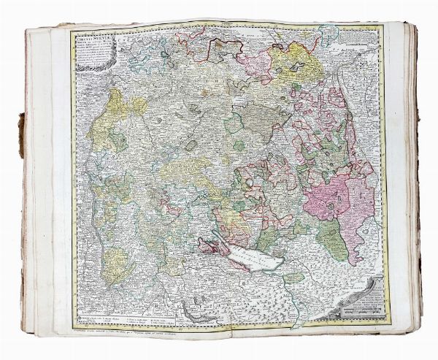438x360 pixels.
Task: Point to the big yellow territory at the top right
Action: tap(296, 62)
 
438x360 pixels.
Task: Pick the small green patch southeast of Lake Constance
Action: tap(293, 277)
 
